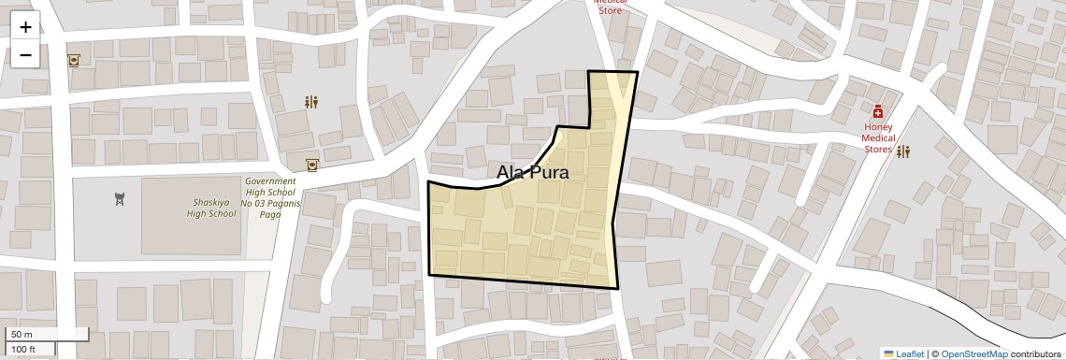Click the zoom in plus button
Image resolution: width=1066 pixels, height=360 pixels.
25,27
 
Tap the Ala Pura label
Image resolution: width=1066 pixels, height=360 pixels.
532,173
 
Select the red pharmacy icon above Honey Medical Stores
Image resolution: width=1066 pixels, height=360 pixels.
878,112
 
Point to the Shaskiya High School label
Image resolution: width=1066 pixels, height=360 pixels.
211,208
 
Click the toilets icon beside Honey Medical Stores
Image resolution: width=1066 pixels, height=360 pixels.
903,151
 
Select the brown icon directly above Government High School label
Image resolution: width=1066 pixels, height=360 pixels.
311,165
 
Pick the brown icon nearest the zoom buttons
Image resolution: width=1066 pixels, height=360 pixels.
73,61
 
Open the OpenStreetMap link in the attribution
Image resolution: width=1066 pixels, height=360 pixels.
974,353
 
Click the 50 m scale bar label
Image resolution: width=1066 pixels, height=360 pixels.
22,335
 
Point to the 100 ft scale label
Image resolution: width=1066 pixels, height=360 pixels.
24,350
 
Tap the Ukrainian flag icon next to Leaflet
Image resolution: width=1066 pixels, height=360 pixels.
888,353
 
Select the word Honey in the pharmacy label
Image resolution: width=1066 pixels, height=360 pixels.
878,127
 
